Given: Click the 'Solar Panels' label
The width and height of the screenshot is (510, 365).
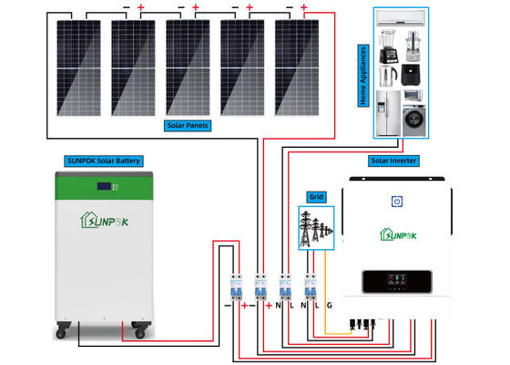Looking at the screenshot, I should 192,124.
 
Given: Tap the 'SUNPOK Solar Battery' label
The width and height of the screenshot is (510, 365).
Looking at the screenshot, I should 104,161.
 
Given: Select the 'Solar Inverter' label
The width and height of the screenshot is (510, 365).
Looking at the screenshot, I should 394,161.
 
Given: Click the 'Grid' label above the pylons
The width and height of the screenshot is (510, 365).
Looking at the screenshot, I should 316,196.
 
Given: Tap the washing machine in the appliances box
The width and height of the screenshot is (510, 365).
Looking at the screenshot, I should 417,117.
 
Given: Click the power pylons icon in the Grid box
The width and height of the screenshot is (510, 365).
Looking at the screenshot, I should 316,226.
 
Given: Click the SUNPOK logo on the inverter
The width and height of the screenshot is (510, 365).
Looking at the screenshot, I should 398,233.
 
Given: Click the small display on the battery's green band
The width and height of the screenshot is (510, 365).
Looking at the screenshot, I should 104,188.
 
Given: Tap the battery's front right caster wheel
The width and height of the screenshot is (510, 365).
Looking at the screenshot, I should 140,327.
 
